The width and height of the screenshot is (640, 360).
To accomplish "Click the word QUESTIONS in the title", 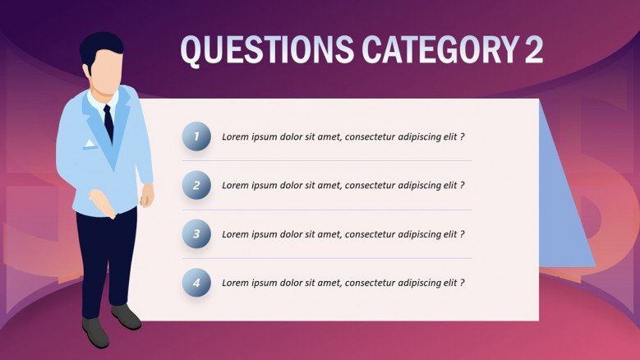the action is (267, 49).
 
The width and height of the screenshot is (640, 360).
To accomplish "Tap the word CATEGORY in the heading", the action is (440, 49).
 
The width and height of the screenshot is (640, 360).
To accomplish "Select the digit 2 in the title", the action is (534, 49).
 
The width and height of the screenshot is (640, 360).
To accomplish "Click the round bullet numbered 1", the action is (196, 136).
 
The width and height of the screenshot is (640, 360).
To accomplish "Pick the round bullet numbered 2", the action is (196, 185).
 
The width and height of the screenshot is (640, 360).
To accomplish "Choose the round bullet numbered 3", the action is (196, 234).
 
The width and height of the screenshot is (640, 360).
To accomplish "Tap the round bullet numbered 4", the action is (196, 283).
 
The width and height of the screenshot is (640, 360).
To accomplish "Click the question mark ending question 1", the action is (462, 136).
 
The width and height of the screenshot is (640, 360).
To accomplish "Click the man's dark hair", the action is (100, 49).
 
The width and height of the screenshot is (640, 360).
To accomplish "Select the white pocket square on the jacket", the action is (89, 143).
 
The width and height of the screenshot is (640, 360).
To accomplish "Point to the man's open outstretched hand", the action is (102, 204).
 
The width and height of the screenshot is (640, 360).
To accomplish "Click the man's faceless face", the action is (106, 72).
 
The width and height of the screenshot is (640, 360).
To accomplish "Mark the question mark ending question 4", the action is (462, 283).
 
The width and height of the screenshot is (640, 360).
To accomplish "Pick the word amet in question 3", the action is (329, 234).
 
